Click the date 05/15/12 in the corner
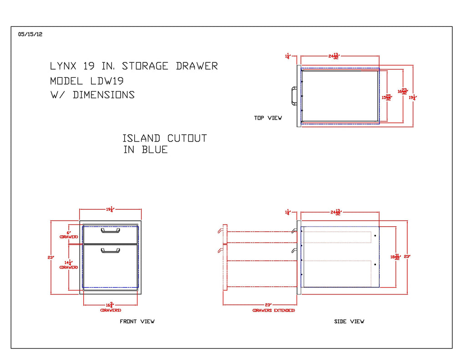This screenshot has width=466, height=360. click(x=30, y=34)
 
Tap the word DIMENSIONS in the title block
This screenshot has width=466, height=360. click(x=104, y=95)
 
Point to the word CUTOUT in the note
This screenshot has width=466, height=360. click(x=187, y=138)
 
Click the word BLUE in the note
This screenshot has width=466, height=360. click(x=155, y=150)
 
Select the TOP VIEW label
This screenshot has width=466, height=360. click(x=268, y=118)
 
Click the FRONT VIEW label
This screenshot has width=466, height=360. click(x=137, y=321)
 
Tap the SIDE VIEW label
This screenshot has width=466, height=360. click(x=349, y=321)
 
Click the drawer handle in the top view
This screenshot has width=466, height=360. click(x=289, y=96)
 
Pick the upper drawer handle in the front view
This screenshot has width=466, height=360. click(x=110, y=231)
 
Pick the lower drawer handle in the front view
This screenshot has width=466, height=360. click(x=110, y=250)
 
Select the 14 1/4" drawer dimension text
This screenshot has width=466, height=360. click(x=69, y=264)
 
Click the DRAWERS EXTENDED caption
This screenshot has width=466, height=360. click(x=274, y=310)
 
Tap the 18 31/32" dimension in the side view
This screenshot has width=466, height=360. click(x=395, y=257)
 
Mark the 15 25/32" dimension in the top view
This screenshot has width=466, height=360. click(x=386, y=96)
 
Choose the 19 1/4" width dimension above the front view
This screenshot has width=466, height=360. click(x=110, y=209)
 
